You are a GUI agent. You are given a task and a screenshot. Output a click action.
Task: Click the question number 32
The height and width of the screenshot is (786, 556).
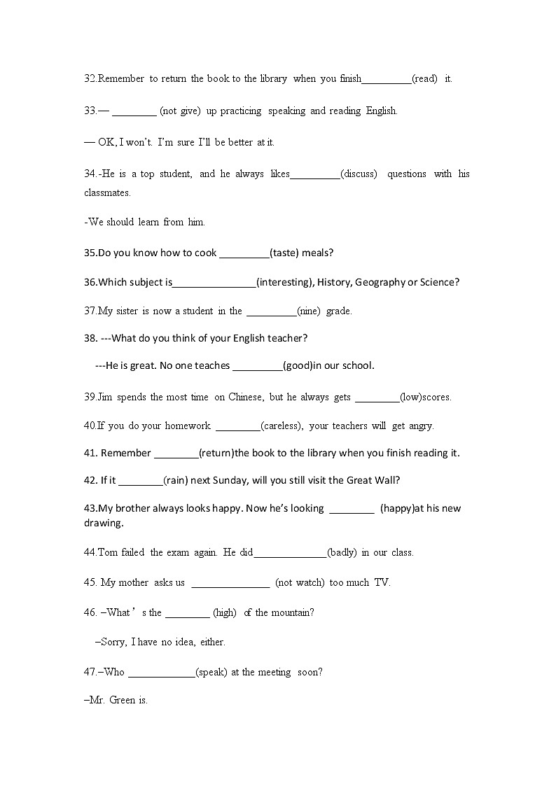[90, 79]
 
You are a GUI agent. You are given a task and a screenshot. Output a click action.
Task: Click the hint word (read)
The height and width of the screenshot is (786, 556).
[425, 79]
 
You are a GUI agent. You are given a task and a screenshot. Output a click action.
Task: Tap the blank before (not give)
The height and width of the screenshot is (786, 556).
[134, 111]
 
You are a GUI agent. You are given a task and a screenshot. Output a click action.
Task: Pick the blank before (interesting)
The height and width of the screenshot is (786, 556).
[214, 282]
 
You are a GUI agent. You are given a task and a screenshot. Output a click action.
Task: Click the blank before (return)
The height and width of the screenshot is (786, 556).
[176, 453]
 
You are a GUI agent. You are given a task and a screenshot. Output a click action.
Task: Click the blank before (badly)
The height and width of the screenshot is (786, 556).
[290, 552]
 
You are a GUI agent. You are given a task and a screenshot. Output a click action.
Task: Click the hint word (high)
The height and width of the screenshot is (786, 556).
[225, 612]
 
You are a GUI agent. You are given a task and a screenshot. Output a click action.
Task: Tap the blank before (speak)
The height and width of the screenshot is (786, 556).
[162, 672]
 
